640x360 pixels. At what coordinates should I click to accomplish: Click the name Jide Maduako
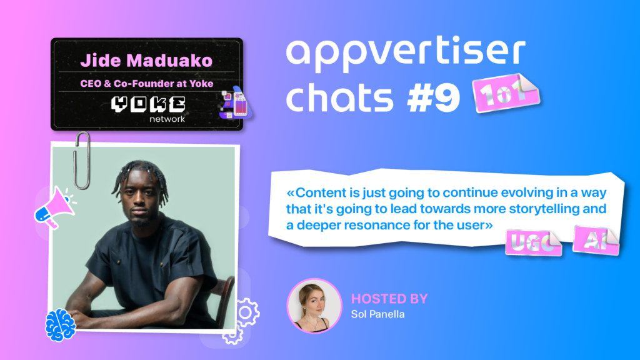(146, 61)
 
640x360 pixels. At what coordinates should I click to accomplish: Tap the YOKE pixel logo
(148, 104)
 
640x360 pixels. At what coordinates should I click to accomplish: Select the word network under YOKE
(167, 119)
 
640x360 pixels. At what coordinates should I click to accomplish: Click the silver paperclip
(82, 161)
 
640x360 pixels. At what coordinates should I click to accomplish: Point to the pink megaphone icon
(55, 207)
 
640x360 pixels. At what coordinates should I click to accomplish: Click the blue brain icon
(61, 325)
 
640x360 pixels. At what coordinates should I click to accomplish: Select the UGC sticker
(533, 243)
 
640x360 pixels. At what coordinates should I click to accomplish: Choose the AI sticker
(596, 241)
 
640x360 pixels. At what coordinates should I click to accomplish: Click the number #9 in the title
(434, 98)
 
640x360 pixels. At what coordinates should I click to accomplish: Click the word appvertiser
(406, 52)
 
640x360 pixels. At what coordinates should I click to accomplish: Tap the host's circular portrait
(314, 306)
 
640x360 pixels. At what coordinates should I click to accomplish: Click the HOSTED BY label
(389, 299)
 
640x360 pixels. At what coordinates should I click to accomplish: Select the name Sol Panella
(378, 314)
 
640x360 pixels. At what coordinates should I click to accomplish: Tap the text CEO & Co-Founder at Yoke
(146, 84)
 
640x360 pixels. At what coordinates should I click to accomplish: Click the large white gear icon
(246, 312)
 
